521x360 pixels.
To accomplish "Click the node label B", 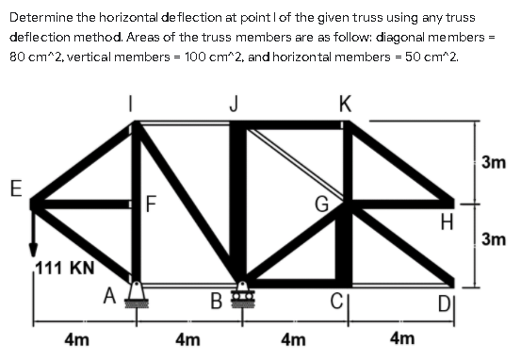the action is click(x=216, y=302).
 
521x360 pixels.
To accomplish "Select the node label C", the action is click(x=334, y=302).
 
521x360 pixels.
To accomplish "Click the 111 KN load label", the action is click(x=64, y=269).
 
